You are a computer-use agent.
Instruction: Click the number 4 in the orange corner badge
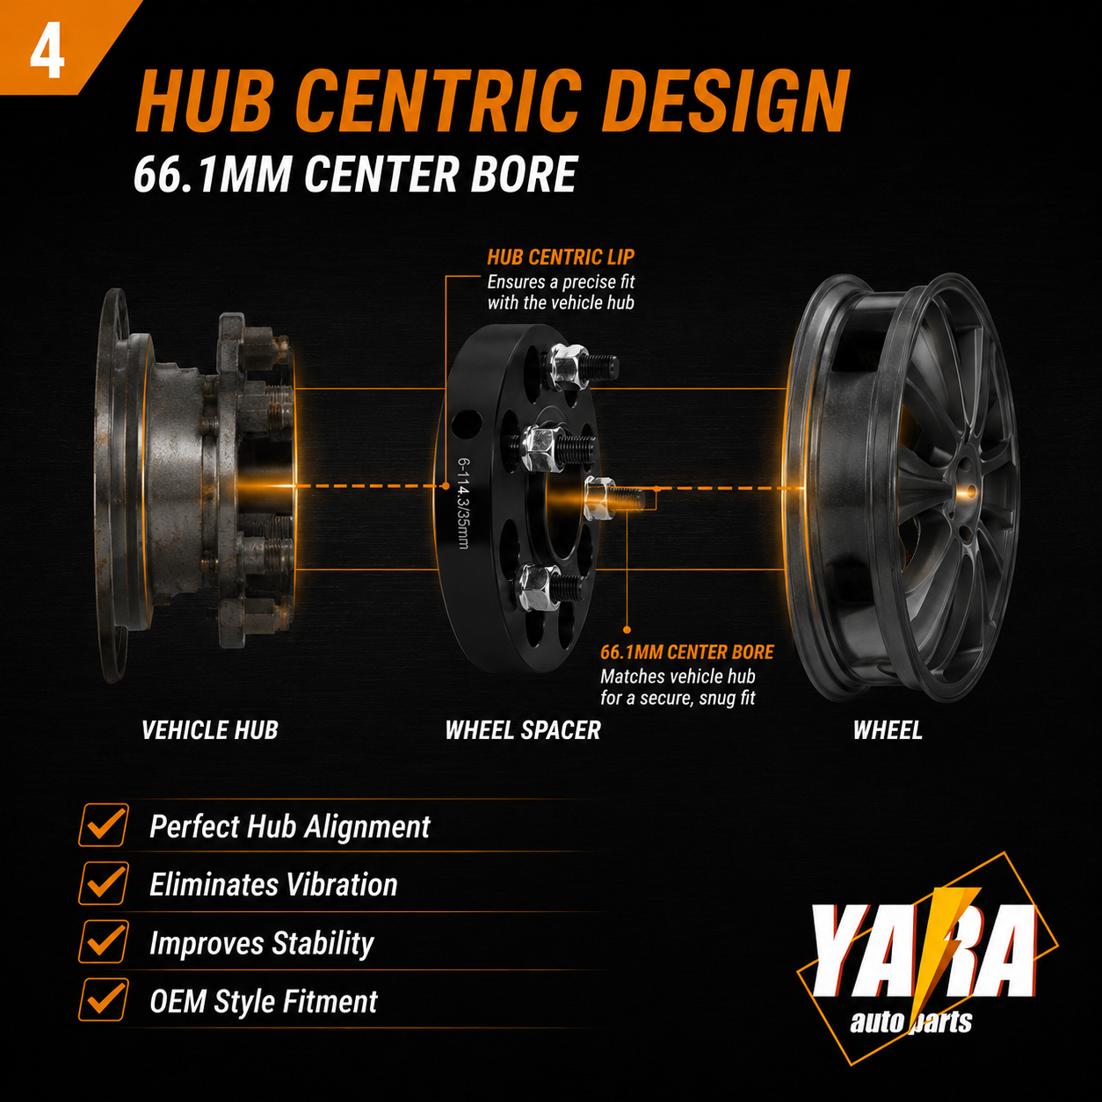point(47,54)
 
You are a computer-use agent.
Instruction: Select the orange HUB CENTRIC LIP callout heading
point(561,257)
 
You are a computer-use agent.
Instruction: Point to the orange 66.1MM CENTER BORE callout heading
point(687,652)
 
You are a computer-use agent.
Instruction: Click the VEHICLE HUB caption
point(210,730)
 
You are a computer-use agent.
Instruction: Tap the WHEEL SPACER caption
point(523,730)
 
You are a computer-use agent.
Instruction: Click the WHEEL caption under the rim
point(888,730)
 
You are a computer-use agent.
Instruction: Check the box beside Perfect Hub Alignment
point(104,824)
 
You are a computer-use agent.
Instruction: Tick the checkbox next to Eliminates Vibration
point(104,883)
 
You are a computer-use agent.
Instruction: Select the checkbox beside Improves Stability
point(104,941)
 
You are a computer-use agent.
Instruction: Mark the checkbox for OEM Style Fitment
point(104,1000)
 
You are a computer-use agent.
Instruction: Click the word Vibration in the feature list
point(341,885)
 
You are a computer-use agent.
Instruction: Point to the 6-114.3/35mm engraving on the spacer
point(463,503)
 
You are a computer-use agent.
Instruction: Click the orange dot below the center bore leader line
point(627,629)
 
